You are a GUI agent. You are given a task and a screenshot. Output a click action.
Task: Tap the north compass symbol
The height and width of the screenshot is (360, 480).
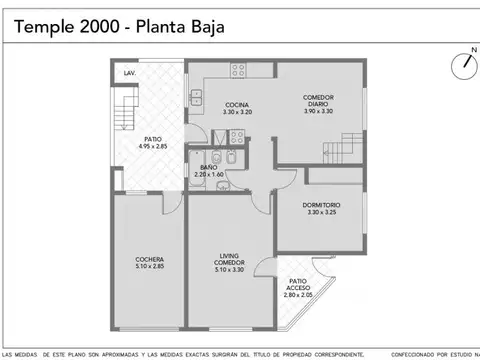pyautogui.click(x=464, y=65)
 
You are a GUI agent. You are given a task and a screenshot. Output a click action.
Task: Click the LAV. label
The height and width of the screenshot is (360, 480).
pyautogui.click(x=130, y=74)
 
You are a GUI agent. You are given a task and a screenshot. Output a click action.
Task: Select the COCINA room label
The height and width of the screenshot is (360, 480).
pyautogui.click(x=236, y=105)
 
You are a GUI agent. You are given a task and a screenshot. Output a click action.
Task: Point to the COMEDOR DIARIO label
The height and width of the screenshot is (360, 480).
pyautogui.click(x=318, y=100)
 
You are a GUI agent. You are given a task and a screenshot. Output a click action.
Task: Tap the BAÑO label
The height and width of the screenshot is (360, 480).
pyautogui.click(x=209, y=167)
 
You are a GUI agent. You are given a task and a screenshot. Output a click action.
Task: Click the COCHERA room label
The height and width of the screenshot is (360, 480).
pyautogui.click(x=149, y=261)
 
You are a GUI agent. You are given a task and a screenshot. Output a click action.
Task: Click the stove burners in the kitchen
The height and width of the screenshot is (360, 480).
pyautogui.click(x=239, y=70)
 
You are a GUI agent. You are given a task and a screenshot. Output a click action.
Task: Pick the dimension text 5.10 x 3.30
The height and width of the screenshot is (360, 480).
pyautogui.click(x=229, y=270)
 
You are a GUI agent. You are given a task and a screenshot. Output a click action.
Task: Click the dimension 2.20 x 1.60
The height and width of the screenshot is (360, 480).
pyautogui.click(x=209, y=175)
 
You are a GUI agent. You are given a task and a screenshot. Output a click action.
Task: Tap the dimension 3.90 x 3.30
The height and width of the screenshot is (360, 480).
pyautogui.click(x=318, y=110)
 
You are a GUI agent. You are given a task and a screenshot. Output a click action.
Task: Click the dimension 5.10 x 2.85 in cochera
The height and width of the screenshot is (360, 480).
pyautogui.click(x=149, y=268)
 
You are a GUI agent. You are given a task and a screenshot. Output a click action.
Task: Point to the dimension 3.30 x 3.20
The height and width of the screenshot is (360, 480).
pyautogui.click(x=236, y=112)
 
